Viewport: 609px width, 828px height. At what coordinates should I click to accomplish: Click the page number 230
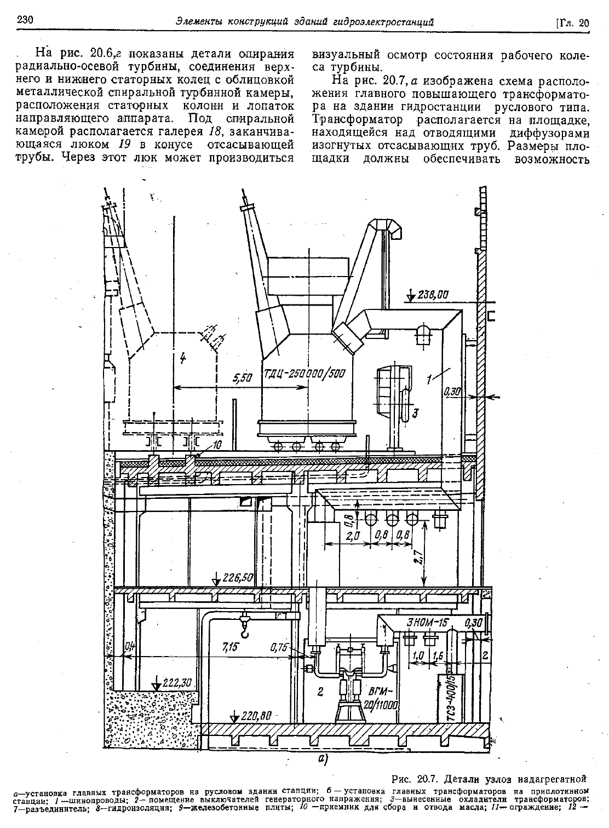pos(25,20)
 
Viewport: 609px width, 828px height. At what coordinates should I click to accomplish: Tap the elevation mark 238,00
pos(433,295)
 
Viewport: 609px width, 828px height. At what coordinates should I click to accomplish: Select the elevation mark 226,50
pos(237,577)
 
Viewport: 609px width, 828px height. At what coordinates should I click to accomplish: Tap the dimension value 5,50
pos(242,378)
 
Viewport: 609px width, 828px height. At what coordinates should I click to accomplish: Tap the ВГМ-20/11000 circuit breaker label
pos(383,697)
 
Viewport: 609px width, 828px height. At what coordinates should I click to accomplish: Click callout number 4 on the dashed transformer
pos(183,358)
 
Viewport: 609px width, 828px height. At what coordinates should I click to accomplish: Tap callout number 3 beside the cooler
pos(415,413)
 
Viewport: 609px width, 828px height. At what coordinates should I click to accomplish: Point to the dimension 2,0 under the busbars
pos(353,536)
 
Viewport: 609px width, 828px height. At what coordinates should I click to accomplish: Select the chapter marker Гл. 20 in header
pos(572,23)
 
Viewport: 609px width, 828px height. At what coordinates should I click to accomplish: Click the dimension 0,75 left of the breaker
pos(279,647)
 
